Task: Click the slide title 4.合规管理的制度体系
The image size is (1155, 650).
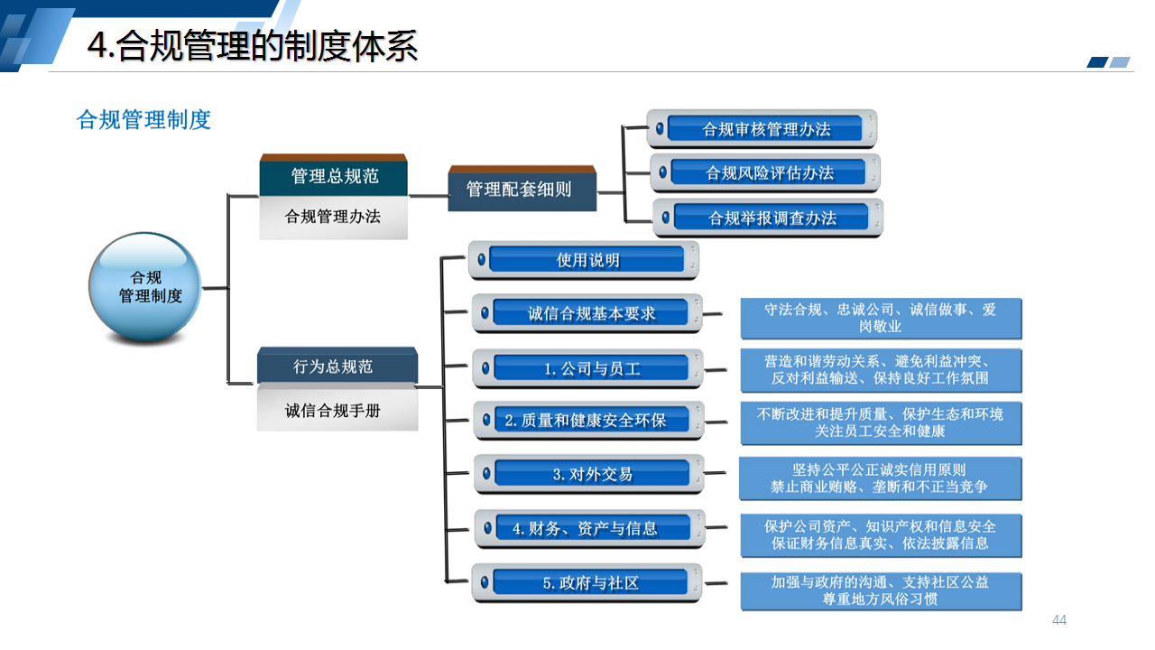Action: click(253, 46)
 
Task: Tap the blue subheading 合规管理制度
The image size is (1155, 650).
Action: click(144, 119)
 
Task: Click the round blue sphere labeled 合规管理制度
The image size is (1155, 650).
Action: click(146, 287)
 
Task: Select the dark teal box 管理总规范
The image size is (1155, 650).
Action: click(334, 176)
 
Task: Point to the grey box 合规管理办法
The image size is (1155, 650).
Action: click(333, 217)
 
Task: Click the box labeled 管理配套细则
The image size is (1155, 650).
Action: click(522, 190)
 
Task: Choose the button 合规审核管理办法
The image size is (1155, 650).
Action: click(766, 129)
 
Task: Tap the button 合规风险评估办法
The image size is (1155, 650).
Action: click(769, 172)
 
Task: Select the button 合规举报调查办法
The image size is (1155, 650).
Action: click(772, 218)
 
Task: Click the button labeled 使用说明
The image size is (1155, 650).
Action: click(587, 260)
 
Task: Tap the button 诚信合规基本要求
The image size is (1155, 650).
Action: click(591, 313)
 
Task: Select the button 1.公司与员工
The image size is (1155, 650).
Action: click(591, 368)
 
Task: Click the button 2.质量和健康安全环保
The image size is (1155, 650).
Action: click(591, 420)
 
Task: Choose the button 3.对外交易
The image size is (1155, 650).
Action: click(592, 474)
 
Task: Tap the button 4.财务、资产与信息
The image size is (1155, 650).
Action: click(592, 528)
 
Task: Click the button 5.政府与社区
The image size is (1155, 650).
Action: click(590, 583)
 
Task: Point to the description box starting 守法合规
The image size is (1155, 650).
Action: click(881, 318)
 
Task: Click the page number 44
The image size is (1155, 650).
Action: click(1059, 619)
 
